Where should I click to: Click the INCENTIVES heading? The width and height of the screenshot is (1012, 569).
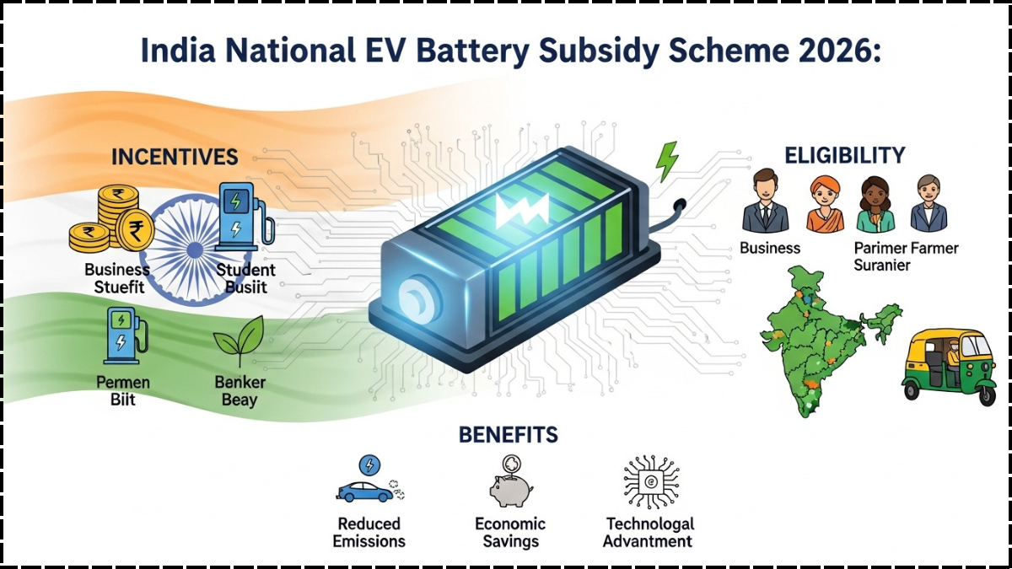pos(175,157)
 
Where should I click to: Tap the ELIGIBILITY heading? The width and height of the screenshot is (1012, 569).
pos(844,156)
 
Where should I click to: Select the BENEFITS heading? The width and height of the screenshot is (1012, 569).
pos(508,434)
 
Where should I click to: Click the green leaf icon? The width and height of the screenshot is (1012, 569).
pos(239,341)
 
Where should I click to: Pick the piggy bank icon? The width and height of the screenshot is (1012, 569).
pos(511,485)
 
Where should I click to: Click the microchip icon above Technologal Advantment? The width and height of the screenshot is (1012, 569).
pos(651,483)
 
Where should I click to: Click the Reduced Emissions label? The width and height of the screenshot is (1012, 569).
pos(369,533)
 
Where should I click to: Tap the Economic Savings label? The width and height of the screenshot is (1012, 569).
pos(510,533)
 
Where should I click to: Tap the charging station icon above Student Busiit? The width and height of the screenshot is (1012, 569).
pos(243,217)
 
